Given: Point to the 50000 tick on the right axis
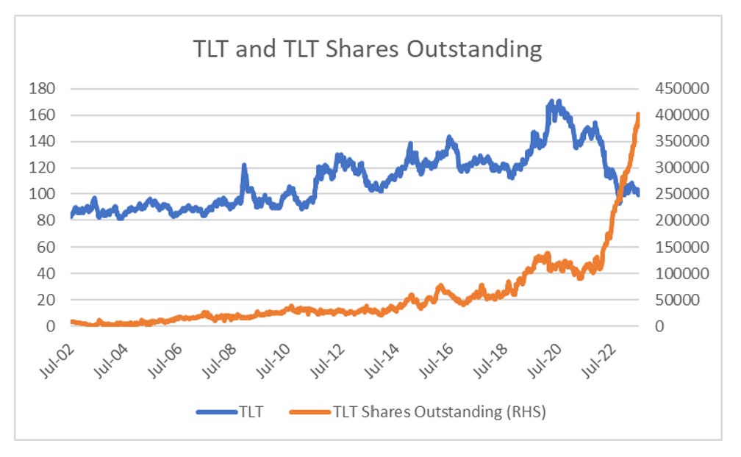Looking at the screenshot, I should click(x=677, y=300).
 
